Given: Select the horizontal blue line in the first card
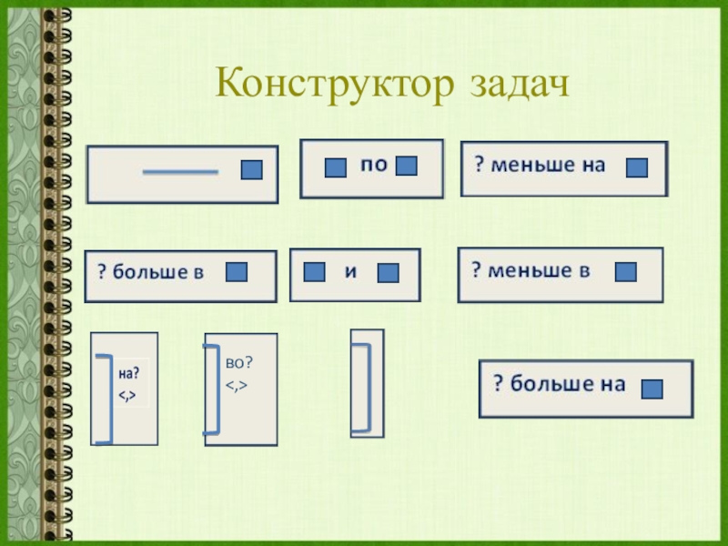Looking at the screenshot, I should point(180,171).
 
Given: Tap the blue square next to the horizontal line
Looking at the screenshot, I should point(251,170).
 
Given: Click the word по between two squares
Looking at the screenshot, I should point(374,166).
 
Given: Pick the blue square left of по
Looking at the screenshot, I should point(336,167).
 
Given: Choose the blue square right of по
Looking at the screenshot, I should point(407,166).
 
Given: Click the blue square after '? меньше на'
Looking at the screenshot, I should point(637,167).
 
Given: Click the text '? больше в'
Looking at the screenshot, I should point(151,273).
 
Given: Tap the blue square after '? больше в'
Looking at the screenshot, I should point(237,272).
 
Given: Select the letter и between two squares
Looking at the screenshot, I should point(349,270).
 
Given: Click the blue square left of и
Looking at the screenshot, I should point(315,272).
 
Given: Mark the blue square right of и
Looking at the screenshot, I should point(389,273).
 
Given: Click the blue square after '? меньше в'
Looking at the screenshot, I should point(626,272).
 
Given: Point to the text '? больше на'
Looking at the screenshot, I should point(559,384).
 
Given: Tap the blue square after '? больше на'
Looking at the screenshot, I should point(652,389).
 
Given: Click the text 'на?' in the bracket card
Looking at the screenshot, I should point(128,372).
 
